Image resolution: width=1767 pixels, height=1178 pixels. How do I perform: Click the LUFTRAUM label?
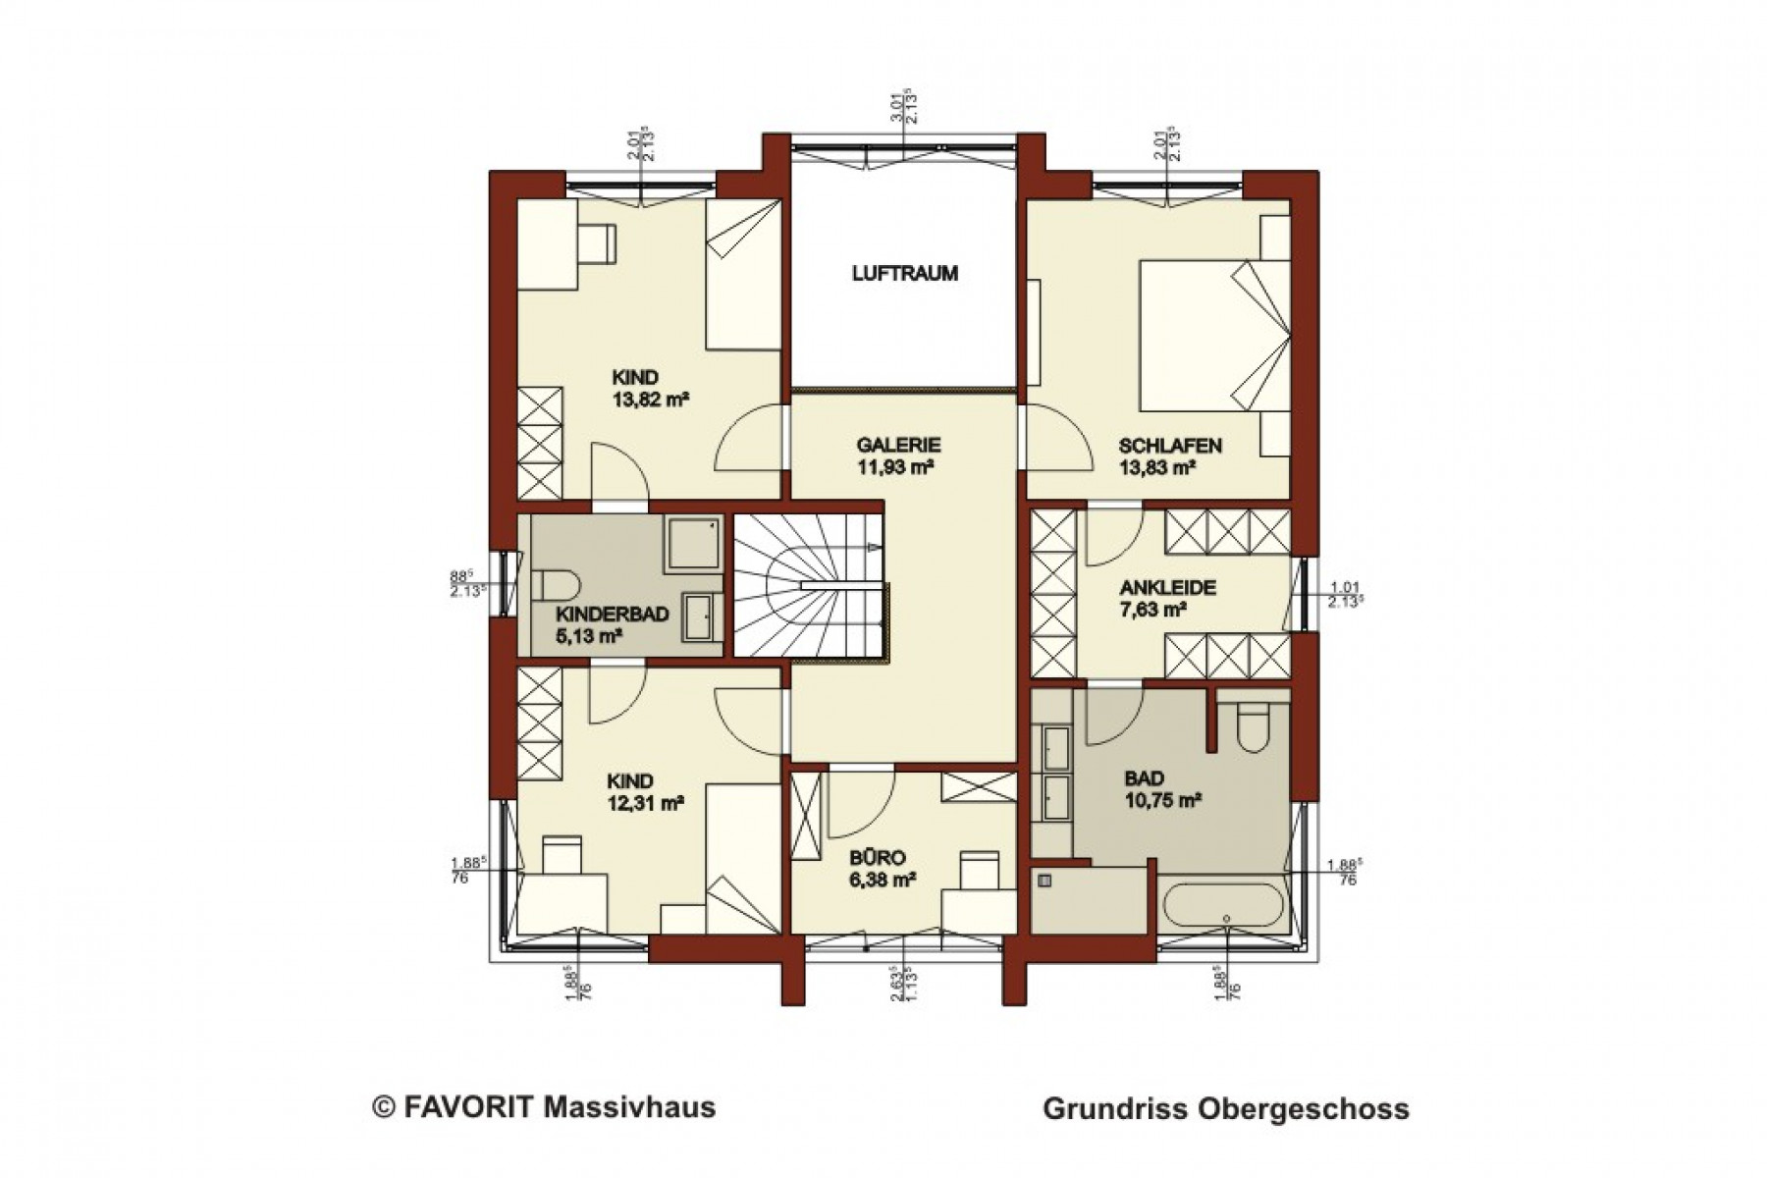pos(904,274)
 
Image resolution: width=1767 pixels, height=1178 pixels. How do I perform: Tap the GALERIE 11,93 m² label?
pos(897,455)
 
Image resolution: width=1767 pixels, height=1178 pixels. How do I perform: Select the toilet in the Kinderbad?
pos(557,587)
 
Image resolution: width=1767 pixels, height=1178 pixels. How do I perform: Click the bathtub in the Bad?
pos(1221,908)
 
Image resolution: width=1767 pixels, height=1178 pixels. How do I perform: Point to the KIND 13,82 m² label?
pos(648,388)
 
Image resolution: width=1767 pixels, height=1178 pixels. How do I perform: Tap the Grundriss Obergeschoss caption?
pos(1225,1109)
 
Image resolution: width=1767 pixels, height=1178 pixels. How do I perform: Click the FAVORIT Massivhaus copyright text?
pos(544,1108)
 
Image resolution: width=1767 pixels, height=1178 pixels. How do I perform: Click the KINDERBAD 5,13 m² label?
pos(612,624)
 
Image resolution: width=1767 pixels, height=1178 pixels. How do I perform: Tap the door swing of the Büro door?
pos(860,805)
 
